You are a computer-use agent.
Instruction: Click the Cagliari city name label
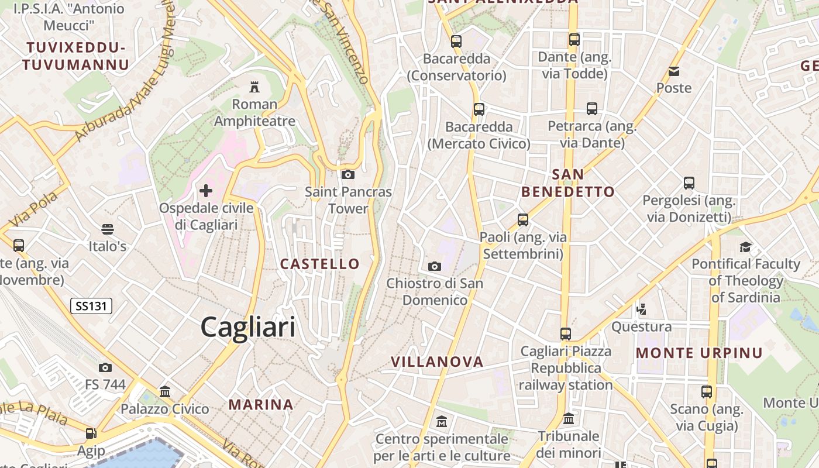(x=248, y=327)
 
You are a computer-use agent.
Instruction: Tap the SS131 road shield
(x=91, y=305)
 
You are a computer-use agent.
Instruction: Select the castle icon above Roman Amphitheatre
(x=254, y=87)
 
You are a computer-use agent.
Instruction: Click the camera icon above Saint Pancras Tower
(x=348, y=174)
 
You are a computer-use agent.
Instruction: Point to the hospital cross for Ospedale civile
(x=206, y=190)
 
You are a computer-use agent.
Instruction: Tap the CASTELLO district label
(x=319, y=264)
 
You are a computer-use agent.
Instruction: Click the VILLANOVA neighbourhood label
(x=437, y=362)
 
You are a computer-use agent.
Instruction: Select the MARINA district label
(x=261, y=404)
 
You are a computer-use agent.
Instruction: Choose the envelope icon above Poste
(x=674, y=71)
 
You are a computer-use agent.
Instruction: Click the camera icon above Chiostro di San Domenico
(x=435, y=266)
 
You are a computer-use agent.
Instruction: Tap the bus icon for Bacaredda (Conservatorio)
(x=456, y=42)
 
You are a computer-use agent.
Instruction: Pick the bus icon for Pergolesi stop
(x=689, y=183)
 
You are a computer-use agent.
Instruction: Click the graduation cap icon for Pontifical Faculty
(x=745, y=247)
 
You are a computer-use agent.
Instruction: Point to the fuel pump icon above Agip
(x=91, y=433)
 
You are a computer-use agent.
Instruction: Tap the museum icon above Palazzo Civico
(x=165, y=391)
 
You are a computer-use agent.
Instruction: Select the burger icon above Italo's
(x=108, y=229)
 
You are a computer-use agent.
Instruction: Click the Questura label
(x=641, y=326)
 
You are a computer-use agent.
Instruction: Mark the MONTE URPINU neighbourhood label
(x=699, y=353)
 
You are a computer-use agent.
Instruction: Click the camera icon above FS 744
(x=105, y=367)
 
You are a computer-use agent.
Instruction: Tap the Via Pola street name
(x=35, y=209)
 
